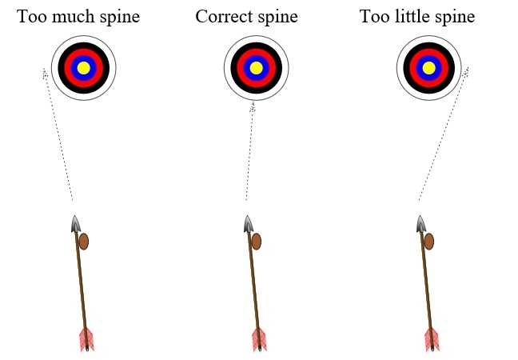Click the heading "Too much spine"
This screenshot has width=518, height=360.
pos(78,17)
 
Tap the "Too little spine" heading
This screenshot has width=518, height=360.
pos(417,17)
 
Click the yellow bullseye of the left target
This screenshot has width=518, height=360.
pos(84,68)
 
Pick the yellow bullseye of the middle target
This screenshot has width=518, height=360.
pos(256,68)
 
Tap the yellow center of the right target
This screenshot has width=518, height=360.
pos(428,68)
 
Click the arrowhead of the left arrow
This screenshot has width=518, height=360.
pos(75,224)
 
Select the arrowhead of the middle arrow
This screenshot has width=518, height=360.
pos(249,224)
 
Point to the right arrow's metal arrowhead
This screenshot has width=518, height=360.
pos(420,224)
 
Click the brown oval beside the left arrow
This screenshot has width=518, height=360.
pos(84,241)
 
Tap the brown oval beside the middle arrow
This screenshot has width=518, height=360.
pos(257,241)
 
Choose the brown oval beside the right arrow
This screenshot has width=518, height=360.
pos(429,241)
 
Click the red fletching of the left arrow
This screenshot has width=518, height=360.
pos(86,338)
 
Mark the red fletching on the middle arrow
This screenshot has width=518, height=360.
pos(259,338)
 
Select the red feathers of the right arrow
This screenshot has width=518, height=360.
pos(432,338)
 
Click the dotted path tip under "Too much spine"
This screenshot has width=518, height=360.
pos(46,73)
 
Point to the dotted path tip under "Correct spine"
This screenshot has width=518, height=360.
pos(253,104)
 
